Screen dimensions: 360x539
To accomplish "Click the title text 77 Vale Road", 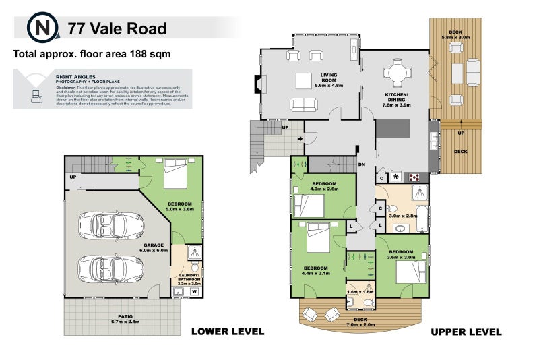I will click(117, 28).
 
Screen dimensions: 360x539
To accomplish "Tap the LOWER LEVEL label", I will click(228, 332).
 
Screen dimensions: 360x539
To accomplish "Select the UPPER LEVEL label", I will click(466, 332).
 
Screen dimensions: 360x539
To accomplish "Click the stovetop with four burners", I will click(415, 177).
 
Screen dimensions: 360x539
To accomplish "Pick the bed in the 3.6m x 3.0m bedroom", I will click(410, 272).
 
